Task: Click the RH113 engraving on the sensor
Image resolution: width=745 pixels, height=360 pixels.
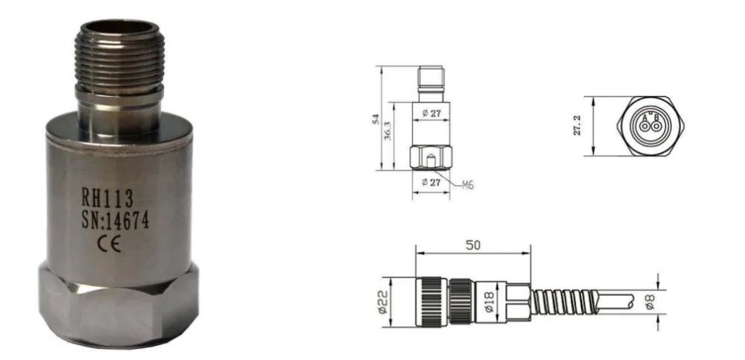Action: coord(107,198)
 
